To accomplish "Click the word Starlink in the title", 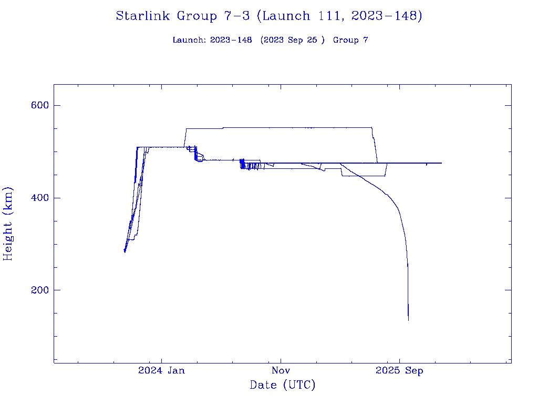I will (x=143, y=16).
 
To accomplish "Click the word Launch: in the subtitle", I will (x=189, y=40).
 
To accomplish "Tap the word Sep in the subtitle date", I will (x=296, y=40).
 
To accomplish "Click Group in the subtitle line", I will (x=345, y=40).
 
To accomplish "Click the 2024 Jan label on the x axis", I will (x=161, y=370).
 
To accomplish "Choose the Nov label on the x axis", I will (x=281, y=370).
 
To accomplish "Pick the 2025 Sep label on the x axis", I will (x=399, y=370).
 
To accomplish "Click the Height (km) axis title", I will (x=8, y=224).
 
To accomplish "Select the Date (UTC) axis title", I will (x=282, y=385).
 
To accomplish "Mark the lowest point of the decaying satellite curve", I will (x=408, y=319).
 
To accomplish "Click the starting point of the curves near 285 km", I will (x=125, y=251).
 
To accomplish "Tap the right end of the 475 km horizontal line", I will (x=441, y=163).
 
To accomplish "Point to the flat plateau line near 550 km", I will (x=278, y=127).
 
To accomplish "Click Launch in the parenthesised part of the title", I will (x=286, y=16).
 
